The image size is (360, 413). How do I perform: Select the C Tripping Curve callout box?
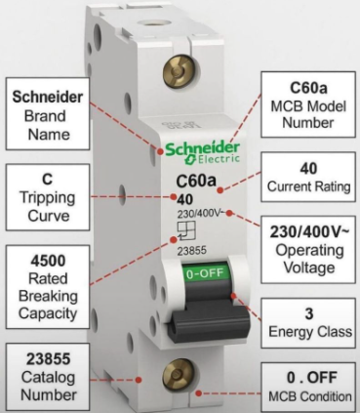click(x=47, y=193)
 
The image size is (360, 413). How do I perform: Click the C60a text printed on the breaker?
click(x=195, y=181)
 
